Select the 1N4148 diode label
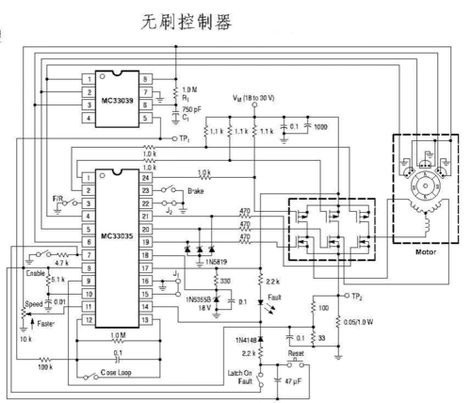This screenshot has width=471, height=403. (x=243, y=337)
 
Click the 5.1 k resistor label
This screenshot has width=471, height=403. (x=56, y=280)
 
